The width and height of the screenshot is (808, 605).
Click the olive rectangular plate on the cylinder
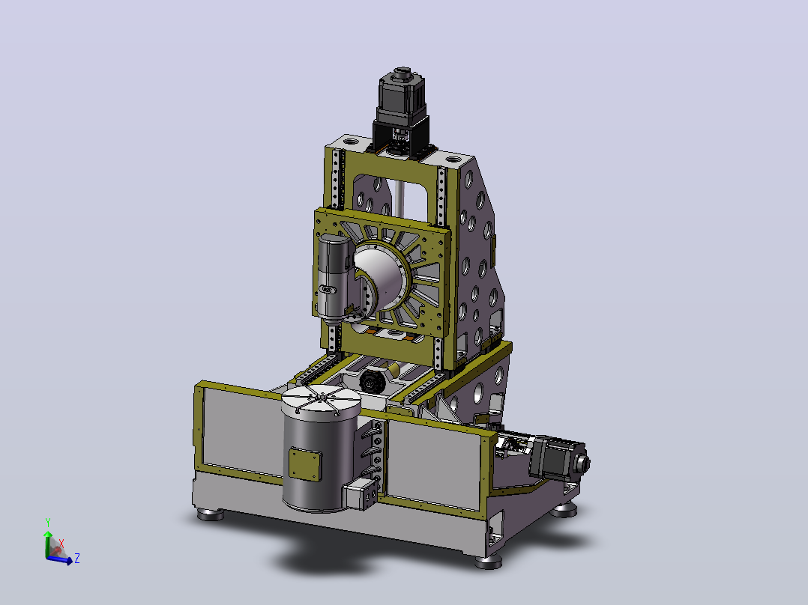pos(305,463)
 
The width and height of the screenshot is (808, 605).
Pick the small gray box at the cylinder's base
pos(361,493)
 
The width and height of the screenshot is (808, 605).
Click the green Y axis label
pos(48,523)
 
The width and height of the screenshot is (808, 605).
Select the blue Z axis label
pos(76,558)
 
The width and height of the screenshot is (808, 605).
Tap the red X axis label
pos(61,544)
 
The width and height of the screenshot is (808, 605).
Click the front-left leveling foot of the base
pos(210,514)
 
